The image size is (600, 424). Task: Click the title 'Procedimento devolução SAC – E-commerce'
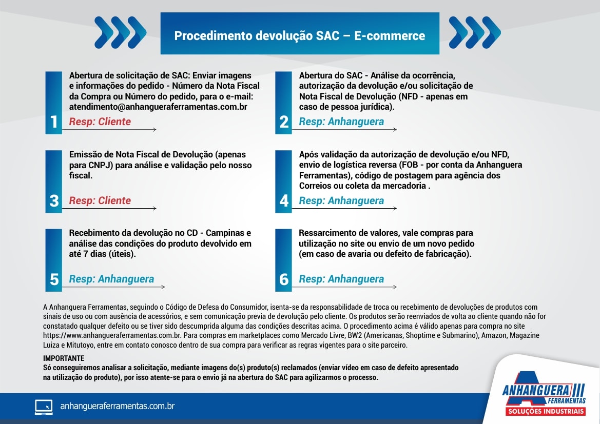point(300,36)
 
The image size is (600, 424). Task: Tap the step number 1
point(54,122)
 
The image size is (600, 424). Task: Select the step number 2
point(284,122)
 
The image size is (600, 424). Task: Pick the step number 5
point(54,279)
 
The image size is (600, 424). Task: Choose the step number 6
point(284,279)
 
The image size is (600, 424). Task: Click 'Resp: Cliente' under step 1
point(100,122)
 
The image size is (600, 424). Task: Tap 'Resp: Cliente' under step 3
point(100,200)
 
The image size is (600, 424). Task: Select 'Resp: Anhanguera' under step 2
point(341,122)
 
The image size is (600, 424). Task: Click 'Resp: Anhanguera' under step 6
point(341,279)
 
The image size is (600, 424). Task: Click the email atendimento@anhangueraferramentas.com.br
point(158,107)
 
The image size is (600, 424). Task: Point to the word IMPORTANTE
point(64,358)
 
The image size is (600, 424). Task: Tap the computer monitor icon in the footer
point(44,407)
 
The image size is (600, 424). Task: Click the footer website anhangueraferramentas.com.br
point(118,406)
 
